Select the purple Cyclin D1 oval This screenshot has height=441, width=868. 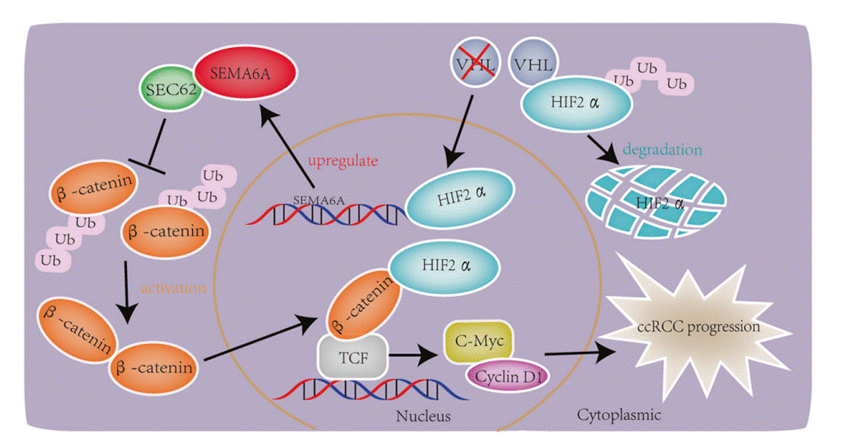click(x=508, y=376)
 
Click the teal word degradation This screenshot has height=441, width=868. click(x=662, y=149)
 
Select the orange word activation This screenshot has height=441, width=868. click(x=173, y=287)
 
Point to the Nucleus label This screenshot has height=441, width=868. click(x=423, y=416)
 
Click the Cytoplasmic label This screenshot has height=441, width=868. click(x=619, y=414)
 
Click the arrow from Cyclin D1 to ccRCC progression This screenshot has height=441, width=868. click(x=580, y=353)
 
